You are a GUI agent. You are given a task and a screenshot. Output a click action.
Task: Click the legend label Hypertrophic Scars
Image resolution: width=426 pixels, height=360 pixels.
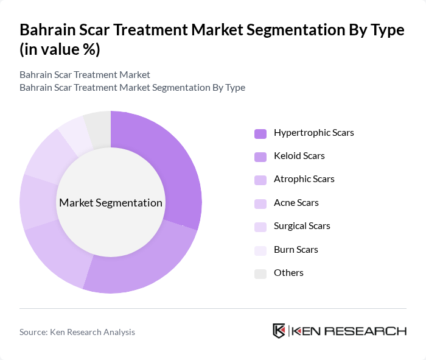pos(313,132)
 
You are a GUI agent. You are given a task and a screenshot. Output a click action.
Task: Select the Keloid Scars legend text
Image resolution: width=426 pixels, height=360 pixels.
pos(299,155)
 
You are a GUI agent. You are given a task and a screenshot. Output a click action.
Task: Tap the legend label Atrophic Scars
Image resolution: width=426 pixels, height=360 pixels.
pos(304,179)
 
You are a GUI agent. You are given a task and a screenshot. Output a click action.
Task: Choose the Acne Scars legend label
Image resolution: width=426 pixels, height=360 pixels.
pos(296,202)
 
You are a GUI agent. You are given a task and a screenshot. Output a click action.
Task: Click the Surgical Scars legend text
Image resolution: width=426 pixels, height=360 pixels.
pos(302,225)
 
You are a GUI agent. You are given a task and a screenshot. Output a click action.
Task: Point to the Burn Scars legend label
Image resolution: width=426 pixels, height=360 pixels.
pos(296,249)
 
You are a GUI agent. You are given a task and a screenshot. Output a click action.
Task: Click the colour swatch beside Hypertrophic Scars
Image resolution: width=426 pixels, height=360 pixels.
pos(260,133)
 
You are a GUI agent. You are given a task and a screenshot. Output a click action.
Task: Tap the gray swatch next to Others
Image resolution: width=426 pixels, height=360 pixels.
pos(260,274)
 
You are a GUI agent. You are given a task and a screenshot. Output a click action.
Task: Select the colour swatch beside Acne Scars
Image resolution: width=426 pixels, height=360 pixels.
pos(260,203)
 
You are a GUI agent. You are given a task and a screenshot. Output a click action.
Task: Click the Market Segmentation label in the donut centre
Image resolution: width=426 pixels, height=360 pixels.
pos(111,203)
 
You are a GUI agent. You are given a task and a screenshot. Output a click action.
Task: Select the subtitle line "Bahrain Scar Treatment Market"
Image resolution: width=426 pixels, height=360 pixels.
pos(85,75)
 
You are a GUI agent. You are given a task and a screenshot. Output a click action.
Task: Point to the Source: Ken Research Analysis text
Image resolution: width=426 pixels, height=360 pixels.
pos(77,332)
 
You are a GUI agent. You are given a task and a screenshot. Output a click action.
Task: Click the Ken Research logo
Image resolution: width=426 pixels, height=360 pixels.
pos(339,331)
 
